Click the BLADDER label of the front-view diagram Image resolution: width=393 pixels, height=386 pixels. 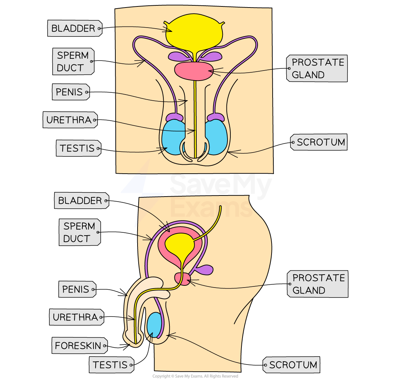tap(74, 29)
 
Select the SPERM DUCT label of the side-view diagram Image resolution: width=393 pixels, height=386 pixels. tap(79, 232)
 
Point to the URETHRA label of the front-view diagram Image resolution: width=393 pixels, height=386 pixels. tap(69, 120)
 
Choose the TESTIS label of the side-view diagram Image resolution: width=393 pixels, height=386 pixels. tap(110, 365)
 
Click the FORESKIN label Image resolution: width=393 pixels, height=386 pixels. tap(78, 346)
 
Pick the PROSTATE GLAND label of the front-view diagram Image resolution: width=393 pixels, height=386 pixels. tap(317, 68)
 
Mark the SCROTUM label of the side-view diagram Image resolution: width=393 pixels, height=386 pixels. tap(292, 365)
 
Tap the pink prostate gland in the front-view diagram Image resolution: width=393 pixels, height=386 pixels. tap(193, 71)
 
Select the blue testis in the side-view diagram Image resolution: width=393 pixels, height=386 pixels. tap(154, 324)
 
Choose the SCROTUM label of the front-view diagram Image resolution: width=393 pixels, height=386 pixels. tap(320, 143)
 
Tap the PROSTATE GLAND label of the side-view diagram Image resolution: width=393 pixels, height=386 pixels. tap(318, 284)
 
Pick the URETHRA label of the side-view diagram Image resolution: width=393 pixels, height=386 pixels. tap(76, 317)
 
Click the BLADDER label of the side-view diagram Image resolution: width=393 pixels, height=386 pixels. tap(81, 201)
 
